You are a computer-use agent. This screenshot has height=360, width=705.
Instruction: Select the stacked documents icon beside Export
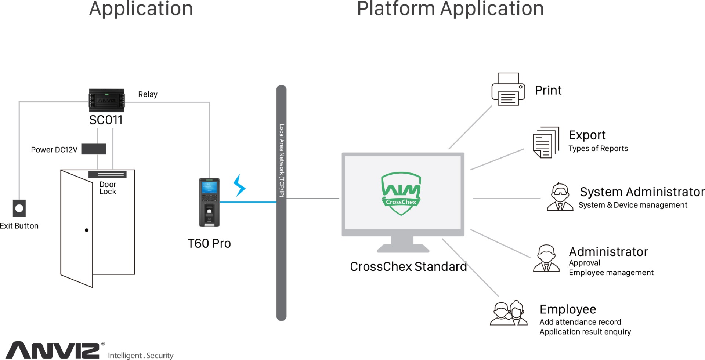click(x=546, y=142)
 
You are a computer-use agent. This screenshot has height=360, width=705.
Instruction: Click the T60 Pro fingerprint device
click(x=209, y=202)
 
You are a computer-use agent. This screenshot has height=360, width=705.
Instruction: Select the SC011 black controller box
click(x=107, y=100)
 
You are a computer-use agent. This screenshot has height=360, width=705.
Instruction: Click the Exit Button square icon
click(x=19, y=208)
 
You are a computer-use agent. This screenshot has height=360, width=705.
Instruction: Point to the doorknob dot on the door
click(x=87, y=230)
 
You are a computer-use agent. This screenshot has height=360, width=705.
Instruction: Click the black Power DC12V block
click(x=94, y=149)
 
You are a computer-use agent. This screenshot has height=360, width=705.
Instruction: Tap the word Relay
click(x=148, y=94)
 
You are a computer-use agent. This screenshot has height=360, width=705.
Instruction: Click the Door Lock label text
click(x=108, y=188)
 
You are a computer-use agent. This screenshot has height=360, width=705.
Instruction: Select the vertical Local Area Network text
click(x=281, y=160)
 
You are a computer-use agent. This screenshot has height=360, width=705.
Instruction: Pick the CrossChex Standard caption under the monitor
click(x=408, y=266)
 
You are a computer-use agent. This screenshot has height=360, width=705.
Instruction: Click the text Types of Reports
click(x=598, y=149)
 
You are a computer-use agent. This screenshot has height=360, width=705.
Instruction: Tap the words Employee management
click(x=611, y=273)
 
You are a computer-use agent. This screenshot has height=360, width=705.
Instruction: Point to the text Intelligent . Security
click(x=141, y=355)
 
